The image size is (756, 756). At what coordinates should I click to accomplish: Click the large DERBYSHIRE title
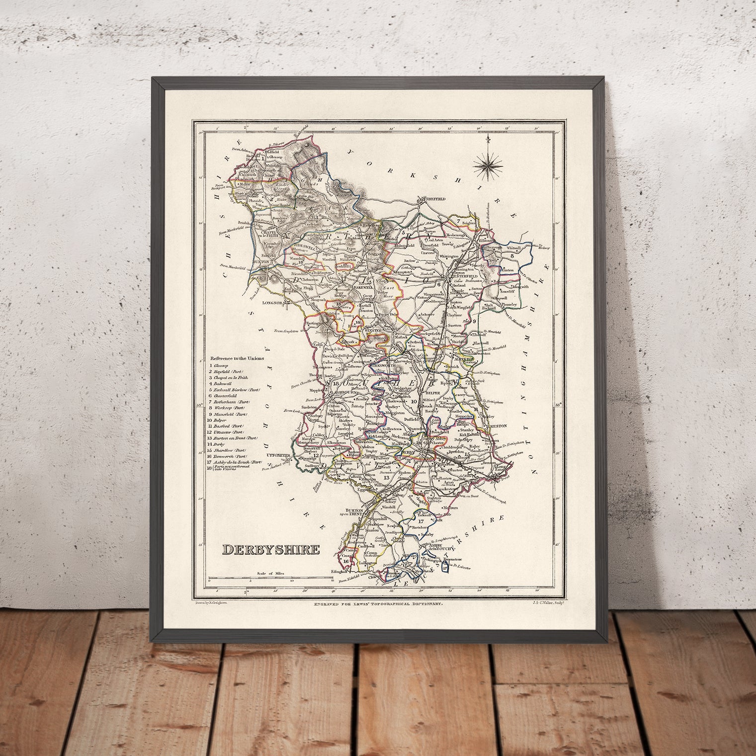[271, 550]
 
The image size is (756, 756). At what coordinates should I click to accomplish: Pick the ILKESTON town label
[488, 426]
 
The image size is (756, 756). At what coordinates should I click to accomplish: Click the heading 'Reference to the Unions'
[237, 358]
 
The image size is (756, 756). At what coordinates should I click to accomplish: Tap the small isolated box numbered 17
[444, 566]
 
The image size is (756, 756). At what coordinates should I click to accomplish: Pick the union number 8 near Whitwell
[511, 256]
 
